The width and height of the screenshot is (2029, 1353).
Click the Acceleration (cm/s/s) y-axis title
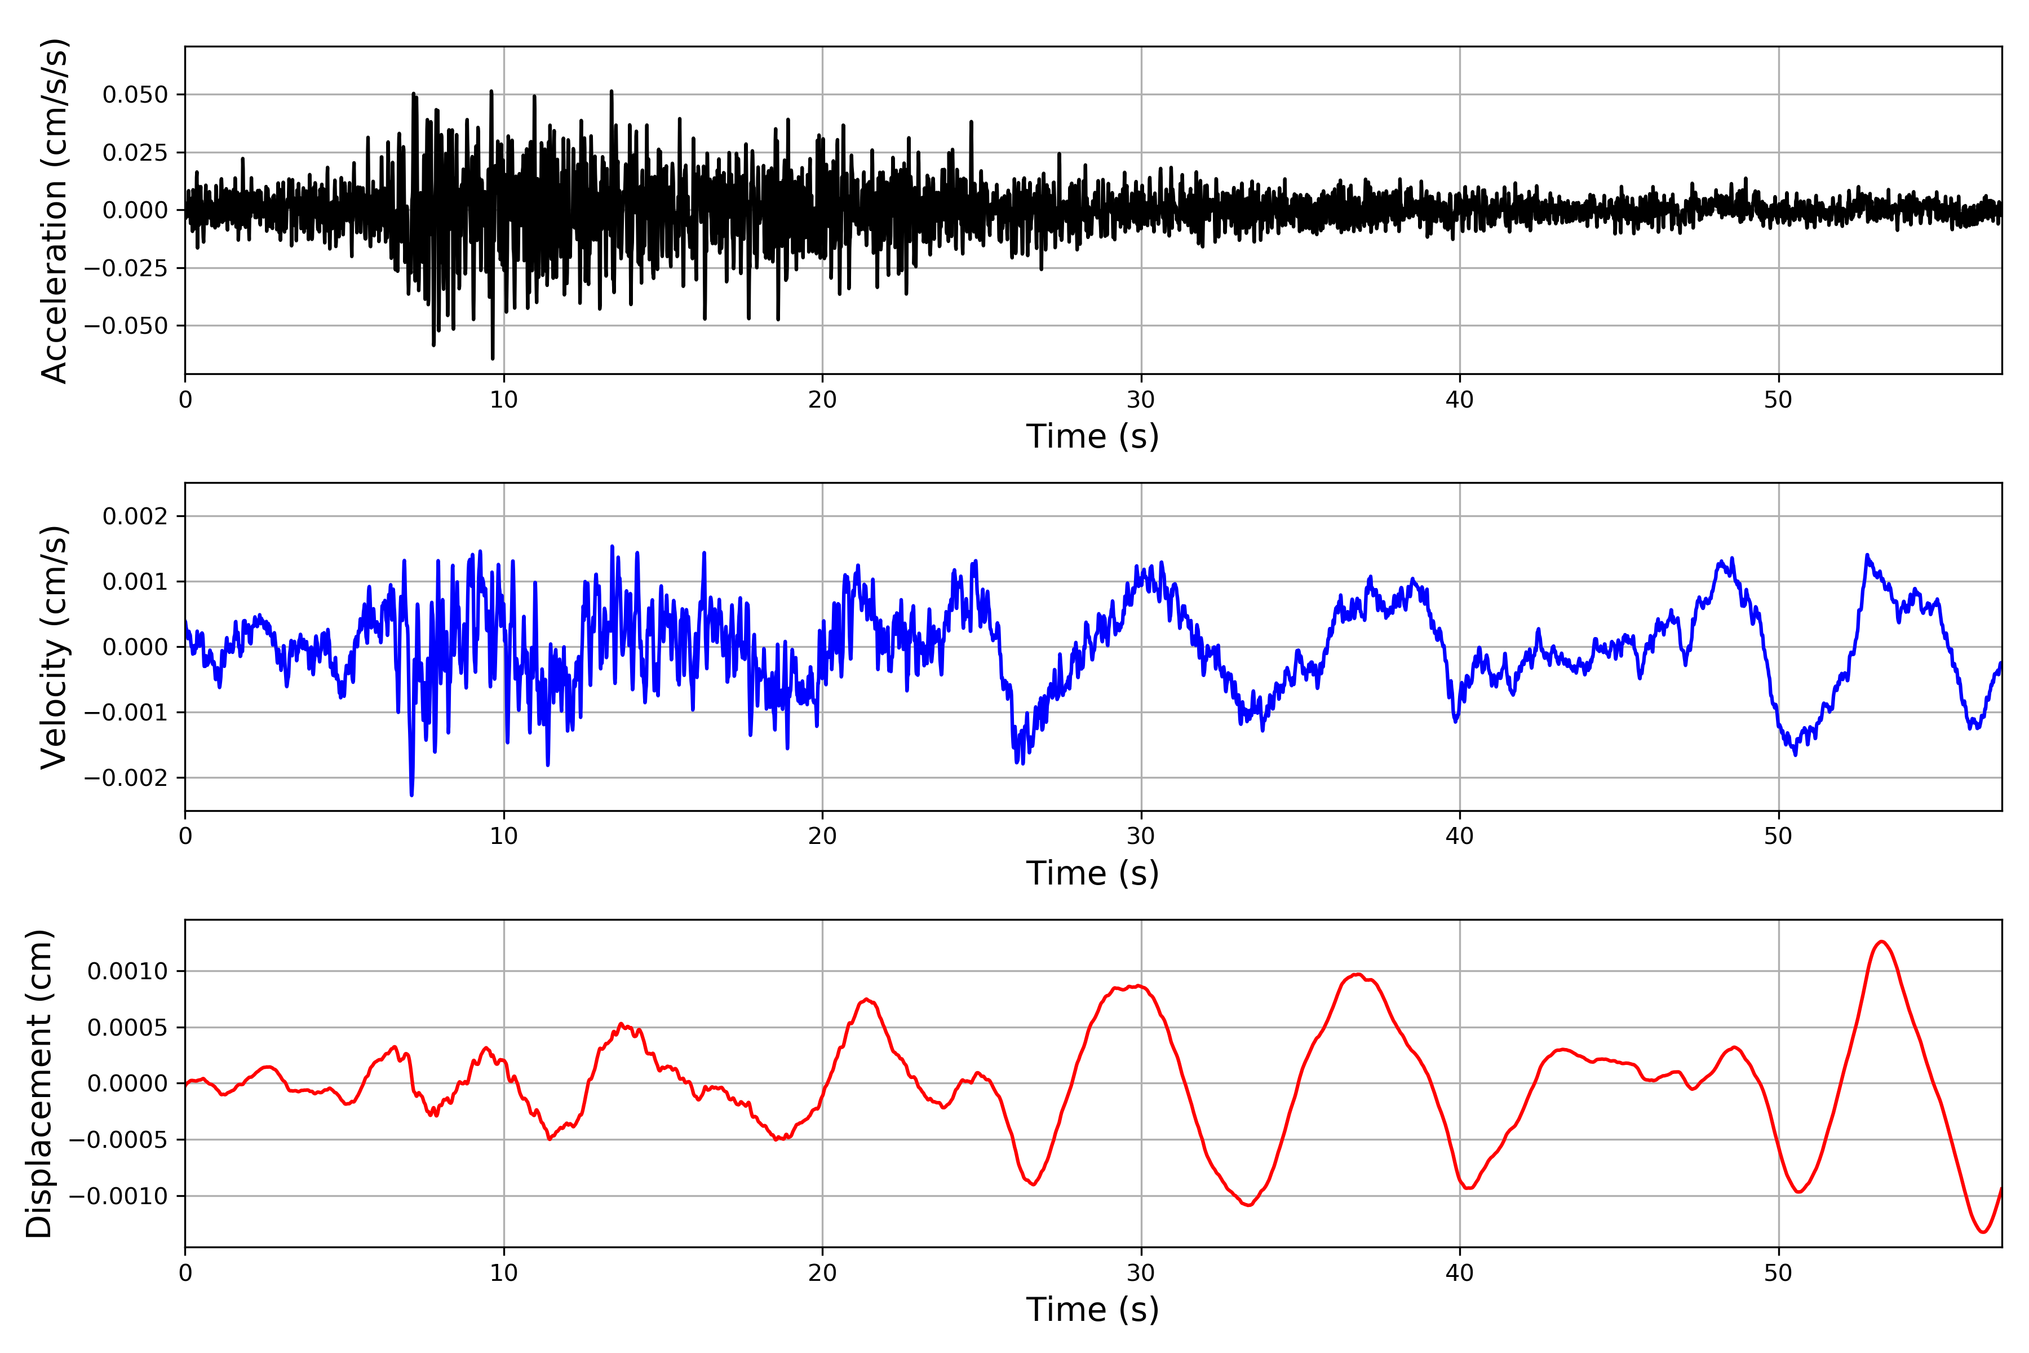pyautogui.click(x=54, y=210)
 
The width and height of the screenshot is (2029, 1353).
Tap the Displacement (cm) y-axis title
pyautogui.click(x=39, y=1083)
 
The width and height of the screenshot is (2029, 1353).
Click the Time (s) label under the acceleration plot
pyautogui.click(x=1092, y=436)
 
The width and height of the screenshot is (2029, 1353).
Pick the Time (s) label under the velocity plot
pyautogui.click(x=1092, y=873)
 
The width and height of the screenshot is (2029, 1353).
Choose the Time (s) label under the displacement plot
pyautogui.click(x=1092, y=1310)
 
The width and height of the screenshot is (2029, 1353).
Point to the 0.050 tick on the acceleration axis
pyautogui.click(x=135, y=94)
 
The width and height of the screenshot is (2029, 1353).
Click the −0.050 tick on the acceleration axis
pyautogui.click(x=126, y=326)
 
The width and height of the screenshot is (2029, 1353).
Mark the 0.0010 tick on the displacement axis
pyautogui.click(x=128, y=971)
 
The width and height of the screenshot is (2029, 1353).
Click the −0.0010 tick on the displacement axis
pyautogui.click(x=118, y=1196)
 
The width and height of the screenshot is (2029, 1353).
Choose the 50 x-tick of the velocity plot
pyautogui.click(x=1778, y=836)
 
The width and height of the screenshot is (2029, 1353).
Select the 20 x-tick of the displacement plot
pyautogui.click(x=822, y=1273)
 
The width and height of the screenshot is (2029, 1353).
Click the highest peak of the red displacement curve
pyautogui.click(x=1881, y=941)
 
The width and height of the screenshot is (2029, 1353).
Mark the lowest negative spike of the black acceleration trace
pyautogui.click(x=493, y=358)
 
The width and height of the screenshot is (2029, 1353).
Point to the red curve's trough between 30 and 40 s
pyautogui.click(x=1248, y=1205)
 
